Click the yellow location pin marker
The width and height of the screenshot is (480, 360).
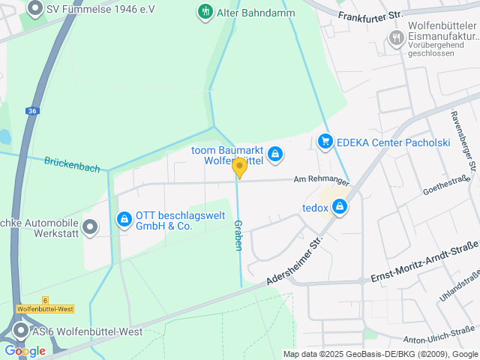point(239,168)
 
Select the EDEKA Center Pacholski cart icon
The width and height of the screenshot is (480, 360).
point(325,140)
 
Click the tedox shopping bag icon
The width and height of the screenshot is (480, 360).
point(340,206)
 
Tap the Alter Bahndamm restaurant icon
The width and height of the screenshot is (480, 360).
point(204,11)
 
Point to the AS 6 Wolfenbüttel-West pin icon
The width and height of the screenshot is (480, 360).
point(20,331)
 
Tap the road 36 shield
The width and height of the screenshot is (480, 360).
point(31,111)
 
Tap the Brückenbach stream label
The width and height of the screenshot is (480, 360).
point(72,164)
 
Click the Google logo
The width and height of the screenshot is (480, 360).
point(25,350)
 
